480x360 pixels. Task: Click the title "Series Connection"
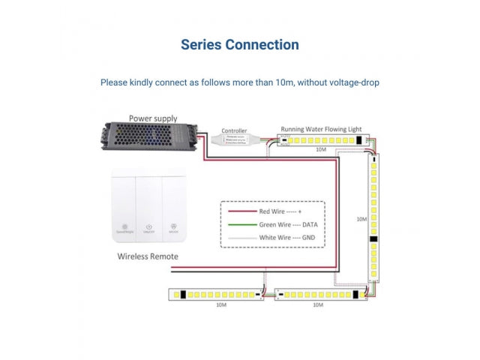240,45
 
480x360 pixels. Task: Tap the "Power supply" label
153,118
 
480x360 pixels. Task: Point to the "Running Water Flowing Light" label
321,130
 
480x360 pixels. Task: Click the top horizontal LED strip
320,140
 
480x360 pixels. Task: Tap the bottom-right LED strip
318,295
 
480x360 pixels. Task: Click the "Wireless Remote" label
148,256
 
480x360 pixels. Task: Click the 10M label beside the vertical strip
361,220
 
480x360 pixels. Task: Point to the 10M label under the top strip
321,150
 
